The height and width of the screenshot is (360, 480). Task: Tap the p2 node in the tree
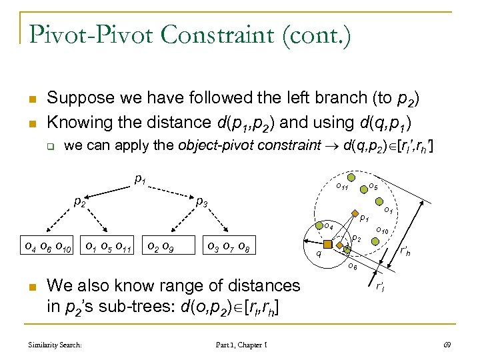[x=81, y=200]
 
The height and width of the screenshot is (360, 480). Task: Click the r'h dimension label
[x=405, y=252]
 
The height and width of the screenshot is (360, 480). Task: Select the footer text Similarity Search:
[x=55, y=345]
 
